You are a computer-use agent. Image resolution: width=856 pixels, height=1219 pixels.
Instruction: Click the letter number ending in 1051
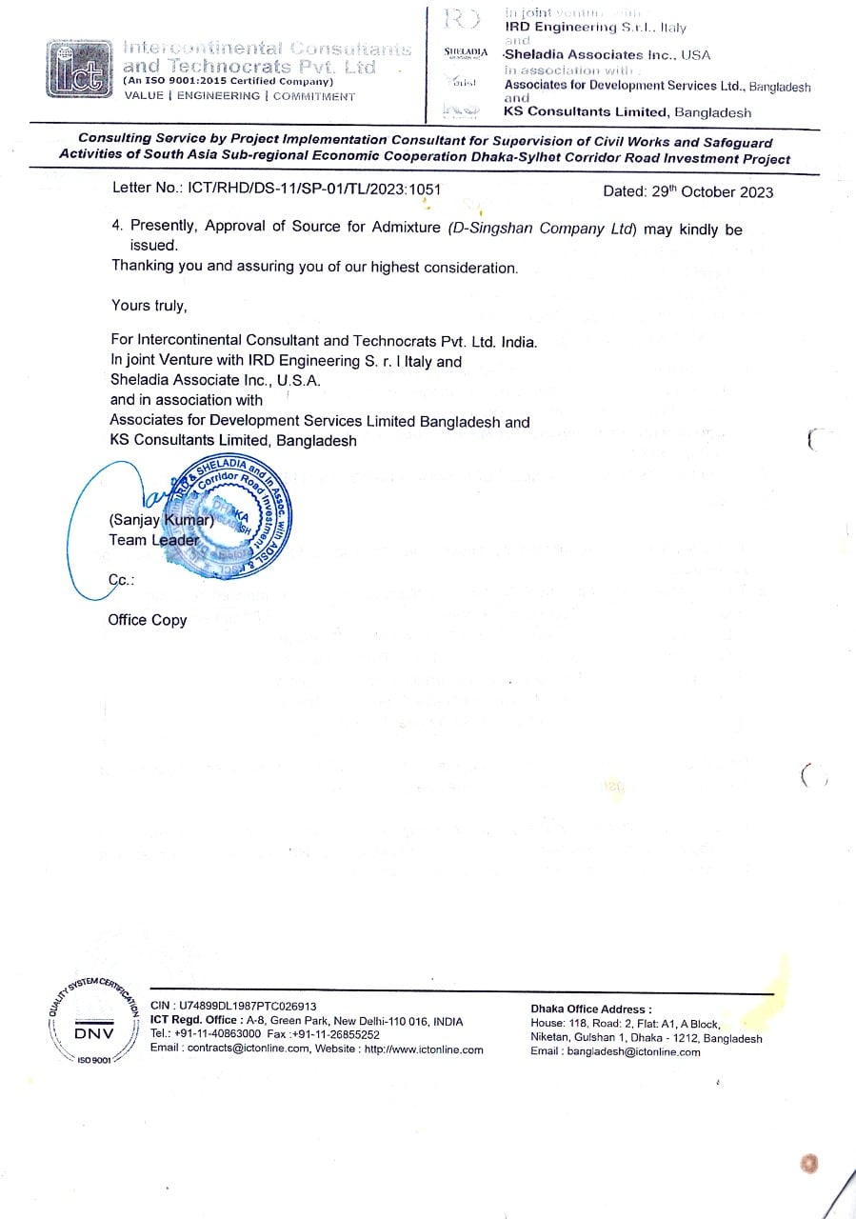click(276, 190)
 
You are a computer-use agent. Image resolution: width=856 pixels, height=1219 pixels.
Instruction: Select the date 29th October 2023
click(687, 191)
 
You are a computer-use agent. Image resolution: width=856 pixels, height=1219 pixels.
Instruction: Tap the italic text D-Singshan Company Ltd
click(542, 229)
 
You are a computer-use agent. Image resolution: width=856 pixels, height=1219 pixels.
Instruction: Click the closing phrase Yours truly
click(149, 306)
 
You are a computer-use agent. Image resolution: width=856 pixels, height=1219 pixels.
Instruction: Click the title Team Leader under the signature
click(154, 540)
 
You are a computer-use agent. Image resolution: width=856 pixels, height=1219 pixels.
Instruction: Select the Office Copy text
click(148, 620)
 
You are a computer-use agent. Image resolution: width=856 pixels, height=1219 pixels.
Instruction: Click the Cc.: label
click(121, 579)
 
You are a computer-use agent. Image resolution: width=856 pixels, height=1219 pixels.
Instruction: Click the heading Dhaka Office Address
click(591, 1009)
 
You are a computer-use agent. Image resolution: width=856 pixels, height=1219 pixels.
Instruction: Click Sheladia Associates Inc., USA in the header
click(607, 55)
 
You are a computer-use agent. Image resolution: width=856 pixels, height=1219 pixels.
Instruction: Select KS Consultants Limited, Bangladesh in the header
click(627, 112)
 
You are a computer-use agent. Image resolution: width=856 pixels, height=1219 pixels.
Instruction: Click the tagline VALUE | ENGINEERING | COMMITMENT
click(239, 96)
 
